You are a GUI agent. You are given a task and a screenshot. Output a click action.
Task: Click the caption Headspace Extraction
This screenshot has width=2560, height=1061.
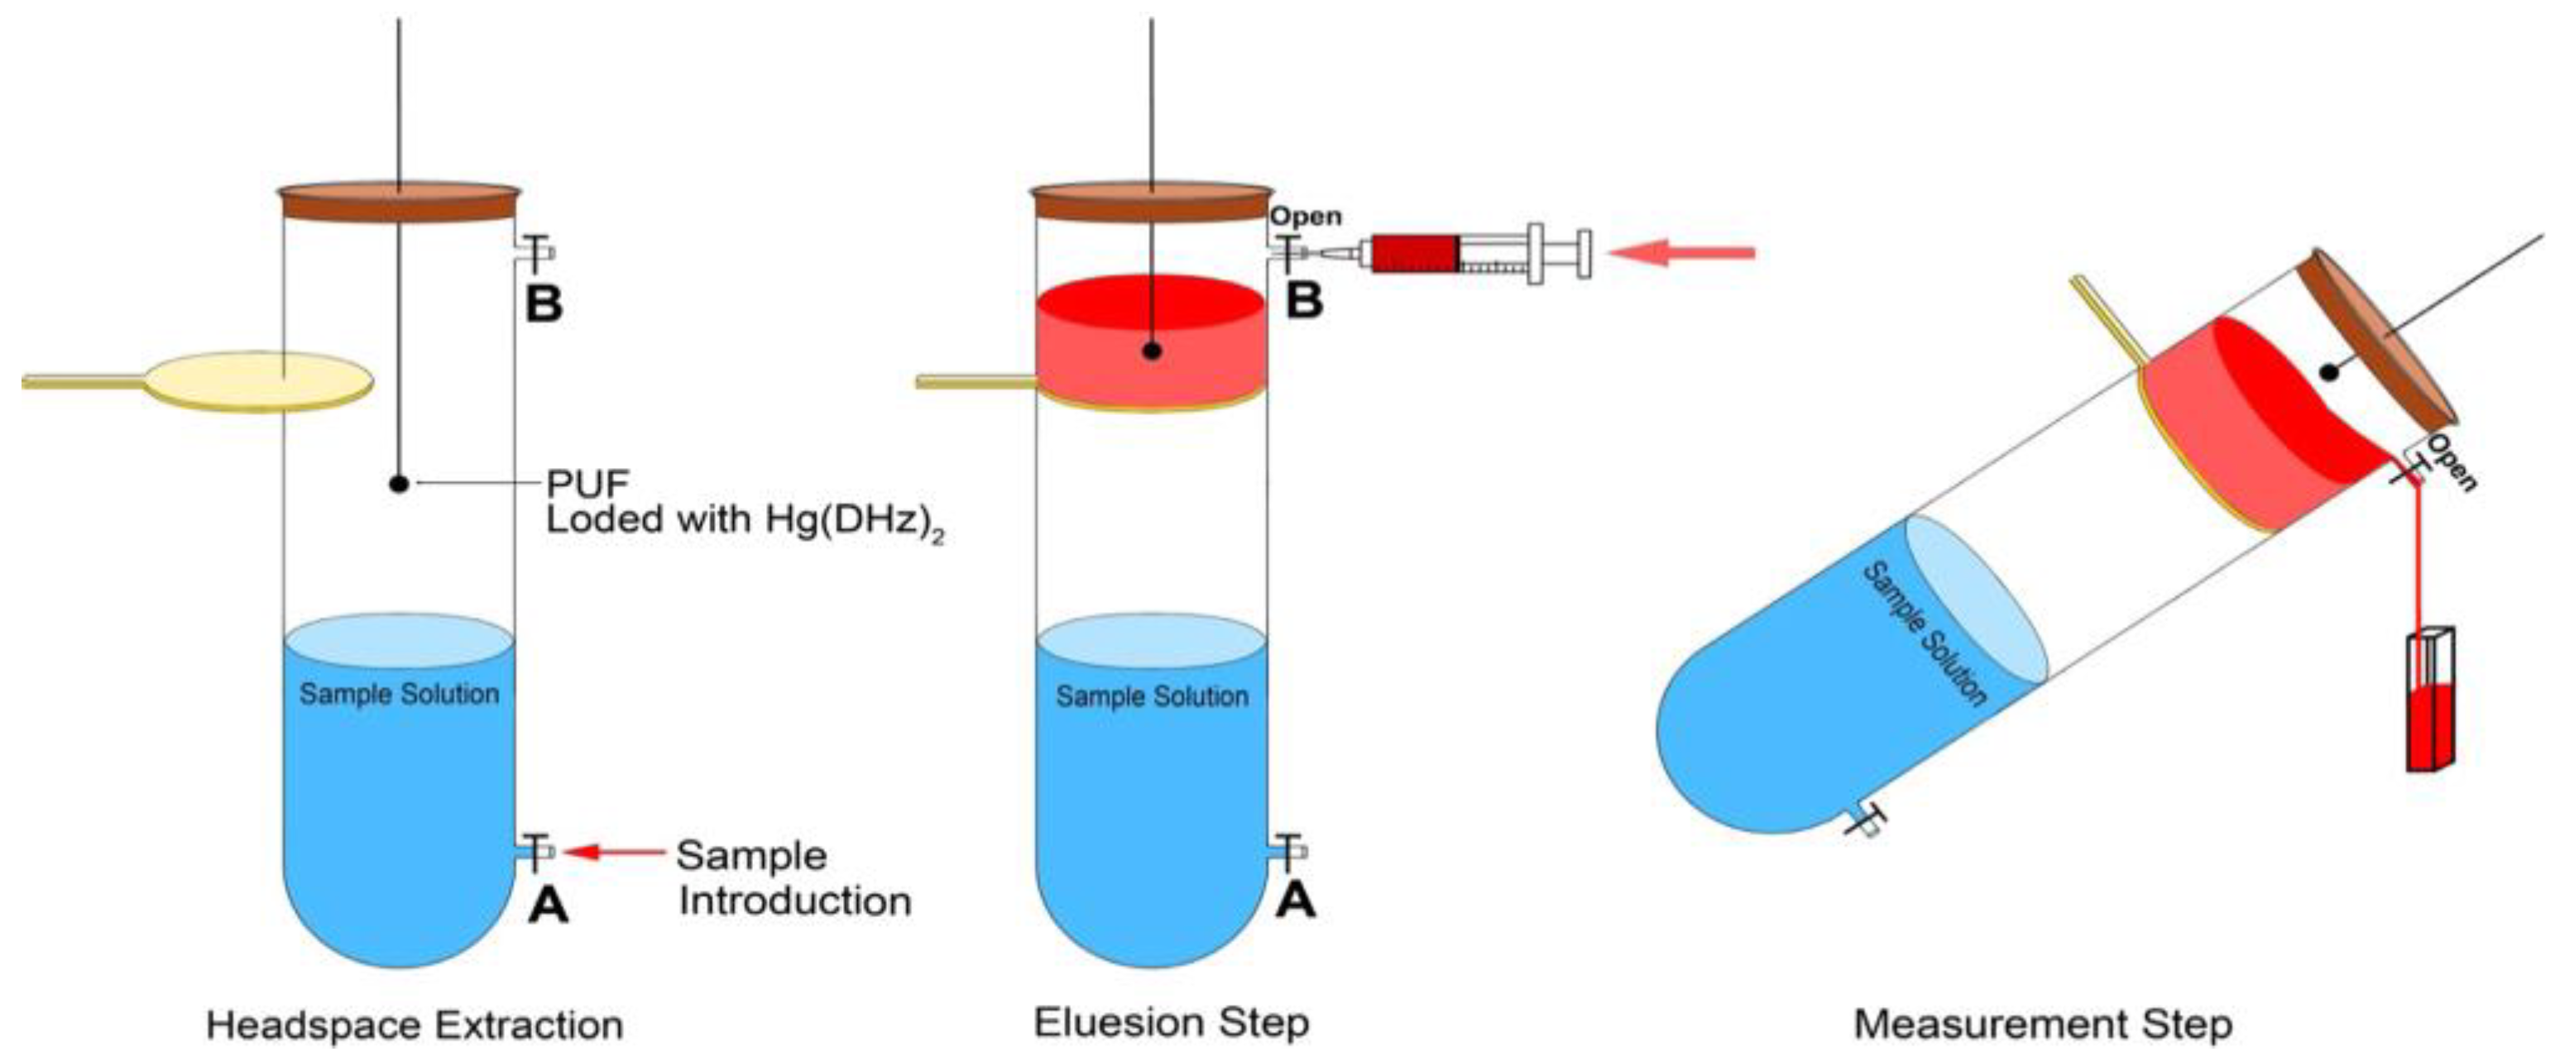click(x=415, y=1025)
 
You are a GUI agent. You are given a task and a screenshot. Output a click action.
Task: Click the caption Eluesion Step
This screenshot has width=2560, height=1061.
click(x=1171, y=1021)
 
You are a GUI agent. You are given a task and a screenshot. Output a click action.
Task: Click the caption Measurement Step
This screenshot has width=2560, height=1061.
click(x=2043, y=1025)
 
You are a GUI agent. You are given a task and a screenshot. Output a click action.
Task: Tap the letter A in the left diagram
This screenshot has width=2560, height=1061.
click(x=548, y=904)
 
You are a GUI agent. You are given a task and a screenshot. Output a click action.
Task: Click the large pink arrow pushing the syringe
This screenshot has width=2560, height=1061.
click(x=1681, y=253)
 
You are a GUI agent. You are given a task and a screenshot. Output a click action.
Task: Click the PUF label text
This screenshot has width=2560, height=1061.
click(x=588, y=484)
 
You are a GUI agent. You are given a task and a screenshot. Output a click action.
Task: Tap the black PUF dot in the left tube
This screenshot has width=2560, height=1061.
click(x=399, y=484)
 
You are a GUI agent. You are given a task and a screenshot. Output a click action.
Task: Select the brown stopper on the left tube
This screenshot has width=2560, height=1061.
click(x=399, y=202)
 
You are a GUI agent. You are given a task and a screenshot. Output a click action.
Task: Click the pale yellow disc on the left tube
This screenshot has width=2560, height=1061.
click(x=261, y=380)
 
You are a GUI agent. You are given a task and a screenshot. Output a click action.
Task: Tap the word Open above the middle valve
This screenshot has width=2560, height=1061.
click(x=1306, y=217)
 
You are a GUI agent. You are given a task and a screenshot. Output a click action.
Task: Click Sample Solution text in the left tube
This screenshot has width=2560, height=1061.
click(x=400, y=694)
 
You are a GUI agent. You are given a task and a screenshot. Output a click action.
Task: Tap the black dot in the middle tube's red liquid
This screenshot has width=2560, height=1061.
click(x=1152, y=351)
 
